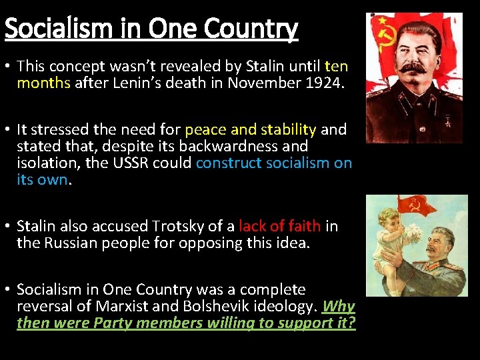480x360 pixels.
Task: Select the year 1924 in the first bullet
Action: pyautogui.click(x=325, y=83)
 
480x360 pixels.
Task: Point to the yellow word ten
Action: pyautogui.click(x=336, y=65)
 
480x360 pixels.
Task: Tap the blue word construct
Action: pyautogui.click(x=228, y=163)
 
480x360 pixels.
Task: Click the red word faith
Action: pyautogui.click(x=304, y=226)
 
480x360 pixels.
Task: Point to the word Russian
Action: pyautogui.click(x=71, y=243)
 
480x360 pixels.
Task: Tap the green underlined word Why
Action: pyautogui.click(x=339, y=307)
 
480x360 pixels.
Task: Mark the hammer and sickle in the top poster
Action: pyautogui.click(x=385, y=35)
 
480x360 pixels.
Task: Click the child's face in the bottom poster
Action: pyautogui.click(x=387, y=220)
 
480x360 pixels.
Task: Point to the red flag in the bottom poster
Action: pyautogui.click(x=416, y=205)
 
